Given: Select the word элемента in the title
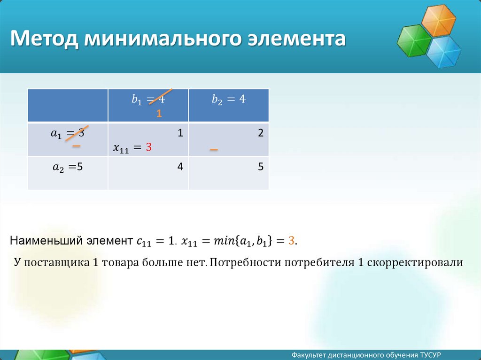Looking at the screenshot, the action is (296, 38).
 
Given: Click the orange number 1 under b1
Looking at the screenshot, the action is (159, 114).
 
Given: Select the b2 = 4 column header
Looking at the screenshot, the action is (229, 99).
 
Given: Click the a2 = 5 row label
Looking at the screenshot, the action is (68, 167).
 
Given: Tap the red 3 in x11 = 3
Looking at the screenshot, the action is (149, 147).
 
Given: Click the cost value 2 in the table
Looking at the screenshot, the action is (261, 133).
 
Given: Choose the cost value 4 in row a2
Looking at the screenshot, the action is (180, 167).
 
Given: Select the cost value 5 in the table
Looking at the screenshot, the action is (261, 167).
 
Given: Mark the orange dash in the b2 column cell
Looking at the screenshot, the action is (214, 150).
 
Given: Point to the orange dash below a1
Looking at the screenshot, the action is (77, 146).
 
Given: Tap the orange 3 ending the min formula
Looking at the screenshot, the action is (291, 241).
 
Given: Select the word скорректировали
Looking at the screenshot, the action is (415, 263).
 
